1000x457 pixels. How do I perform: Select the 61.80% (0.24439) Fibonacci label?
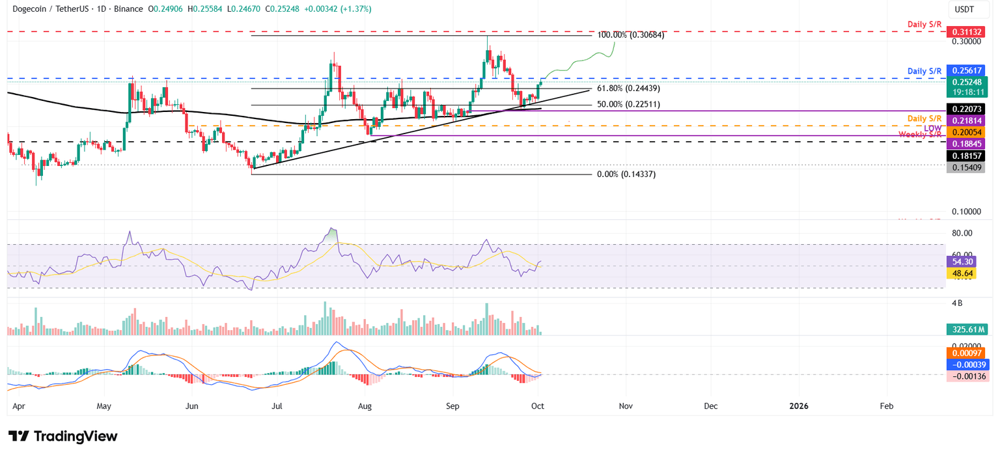628,88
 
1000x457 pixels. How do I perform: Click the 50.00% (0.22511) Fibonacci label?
628,104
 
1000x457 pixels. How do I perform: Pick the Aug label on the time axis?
365,406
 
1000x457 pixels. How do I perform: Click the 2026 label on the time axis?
798,406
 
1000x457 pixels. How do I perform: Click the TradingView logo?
63,436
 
